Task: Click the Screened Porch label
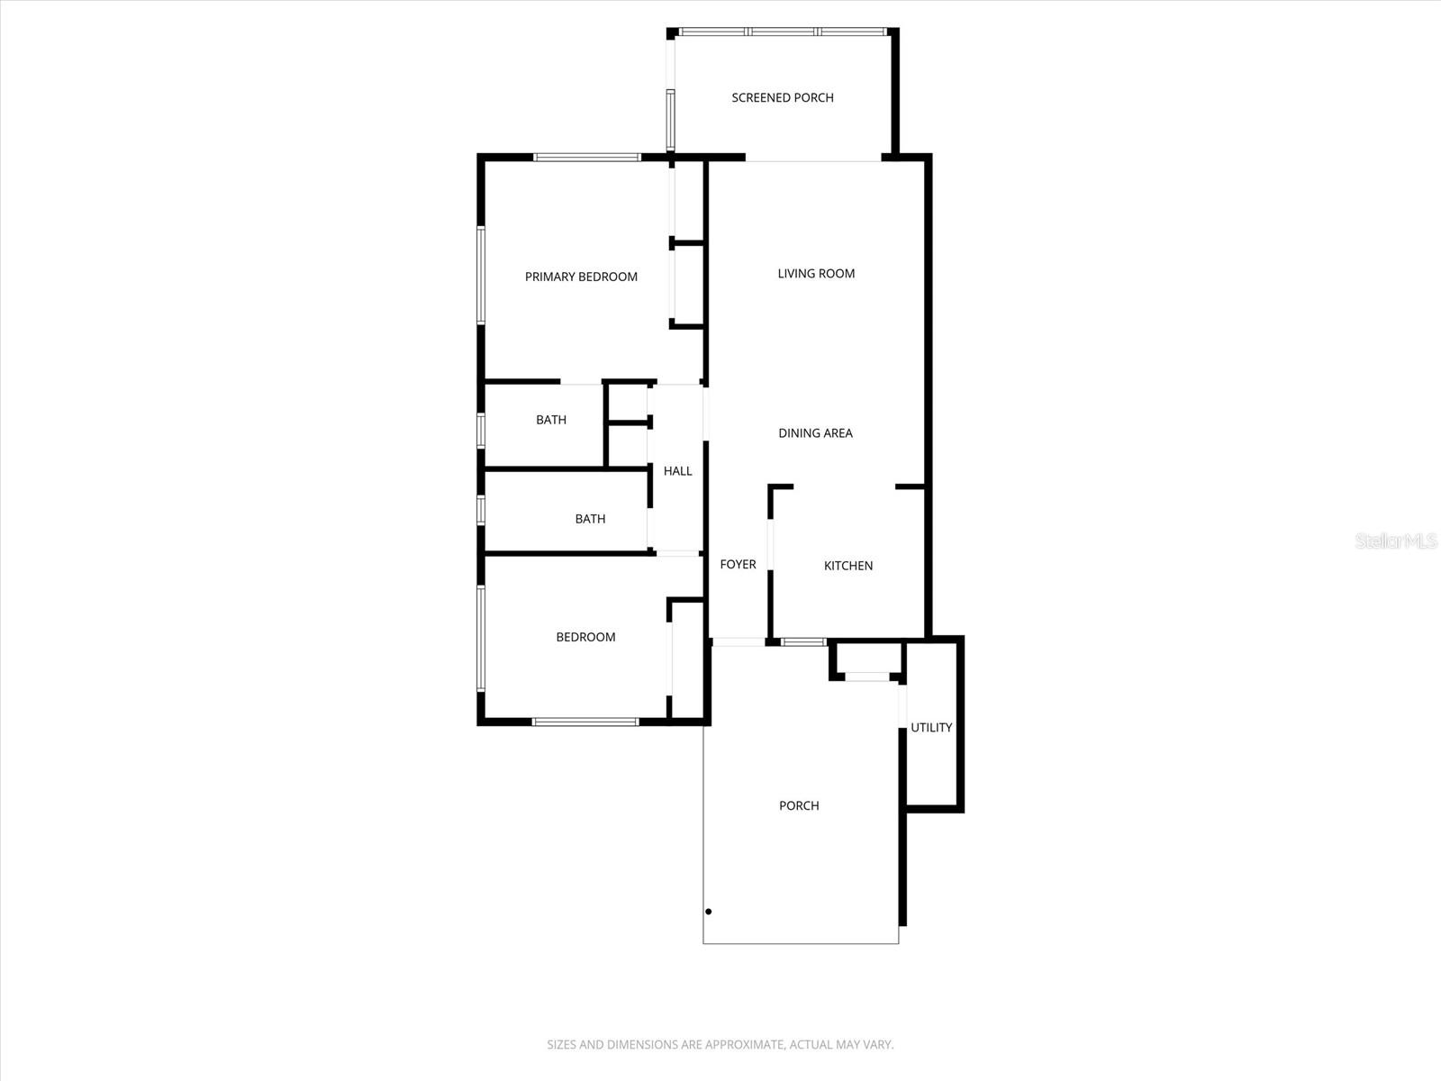point(782,97)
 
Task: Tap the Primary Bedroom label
point(581,277)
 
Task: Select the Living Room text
point(816,273)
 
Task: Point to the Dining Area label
point(815,433)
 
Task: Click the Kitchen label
point(848,566)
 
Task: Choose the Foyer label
point(738,564)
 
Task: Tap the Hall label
point(677,470)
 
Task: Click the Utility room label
point(931,727)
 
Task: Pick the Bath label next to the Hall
point(590,519)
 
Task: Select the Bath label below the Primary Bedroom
point(551,420)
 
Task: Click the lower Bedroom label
point(585,637)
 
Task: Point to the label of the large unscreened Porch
point(799,805)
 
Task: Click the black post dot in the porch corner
point(709,912)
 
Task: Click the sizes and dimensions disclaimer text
point(720,1045)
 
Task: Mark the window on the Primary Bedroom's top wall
point(586,158)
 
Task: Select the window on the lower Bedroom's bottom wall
point(585,722)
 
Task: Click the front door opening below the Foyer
point(739,642)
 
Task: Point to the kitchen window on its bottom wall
point(803,642)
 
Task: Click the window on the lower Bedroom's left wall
point(481,638)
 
